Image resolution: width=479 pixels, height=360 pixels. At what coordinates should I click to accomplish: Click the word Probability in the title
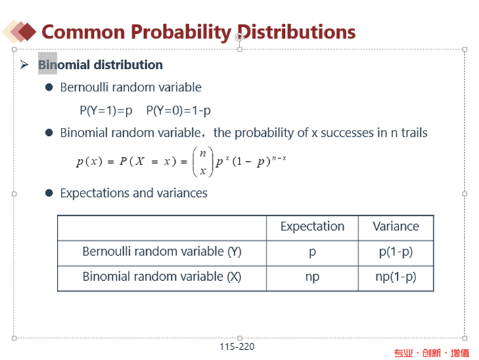181,32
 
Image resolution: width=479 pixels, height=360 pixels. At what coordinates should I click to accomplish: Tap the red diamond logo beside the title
20,31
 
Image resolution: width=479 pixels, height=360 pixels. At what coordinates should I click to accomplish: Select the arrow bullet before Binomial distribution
24,64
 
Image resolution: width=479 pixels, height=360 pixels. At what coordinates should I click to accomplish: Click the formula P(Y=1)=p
106,110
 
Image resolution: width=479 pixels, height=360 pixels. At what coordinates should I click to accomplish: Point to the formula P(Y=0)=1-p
179,110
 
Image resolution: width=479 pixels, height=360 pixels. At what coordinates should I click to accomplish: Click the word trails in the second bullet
414,133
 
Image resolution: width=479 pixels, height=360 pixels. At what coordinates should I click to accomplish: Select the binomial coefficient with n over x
202,162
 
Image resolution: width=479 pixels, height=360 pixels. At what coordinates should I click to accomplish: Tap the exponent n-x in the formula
279,158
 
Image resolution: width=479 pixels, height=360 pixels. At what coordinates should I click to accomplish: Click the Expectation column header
312,227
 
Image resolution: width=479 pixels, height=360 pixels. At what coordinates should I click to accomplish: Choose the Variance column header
396,227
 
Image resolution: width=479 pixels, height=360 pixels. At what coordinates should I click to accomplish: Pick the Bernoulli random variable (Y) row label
162,252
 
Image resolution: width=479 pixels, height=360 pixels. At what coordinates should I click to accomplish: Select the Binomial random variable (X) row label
162,277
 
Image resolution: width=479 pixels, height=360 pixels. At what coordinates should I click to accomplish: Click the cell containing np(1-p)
396,277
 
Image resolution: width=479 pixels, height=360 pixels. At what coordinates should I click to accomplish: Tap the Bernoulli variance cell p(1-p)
396,252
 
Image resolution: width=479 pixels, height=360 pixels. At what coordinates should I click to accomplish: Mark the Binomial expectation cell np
312,277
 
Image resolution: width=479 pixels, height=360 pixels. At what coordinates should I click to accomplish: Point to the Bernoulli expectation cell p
312,252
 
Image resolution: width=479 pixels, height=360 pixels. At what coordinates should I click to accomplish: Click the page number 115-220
237,346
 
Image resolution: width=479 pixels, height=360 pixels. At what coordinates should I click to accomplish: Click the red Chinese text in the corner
432,353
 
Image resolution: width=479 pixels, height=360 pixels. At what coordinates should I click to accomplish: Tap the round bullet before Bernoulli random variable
49,87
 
